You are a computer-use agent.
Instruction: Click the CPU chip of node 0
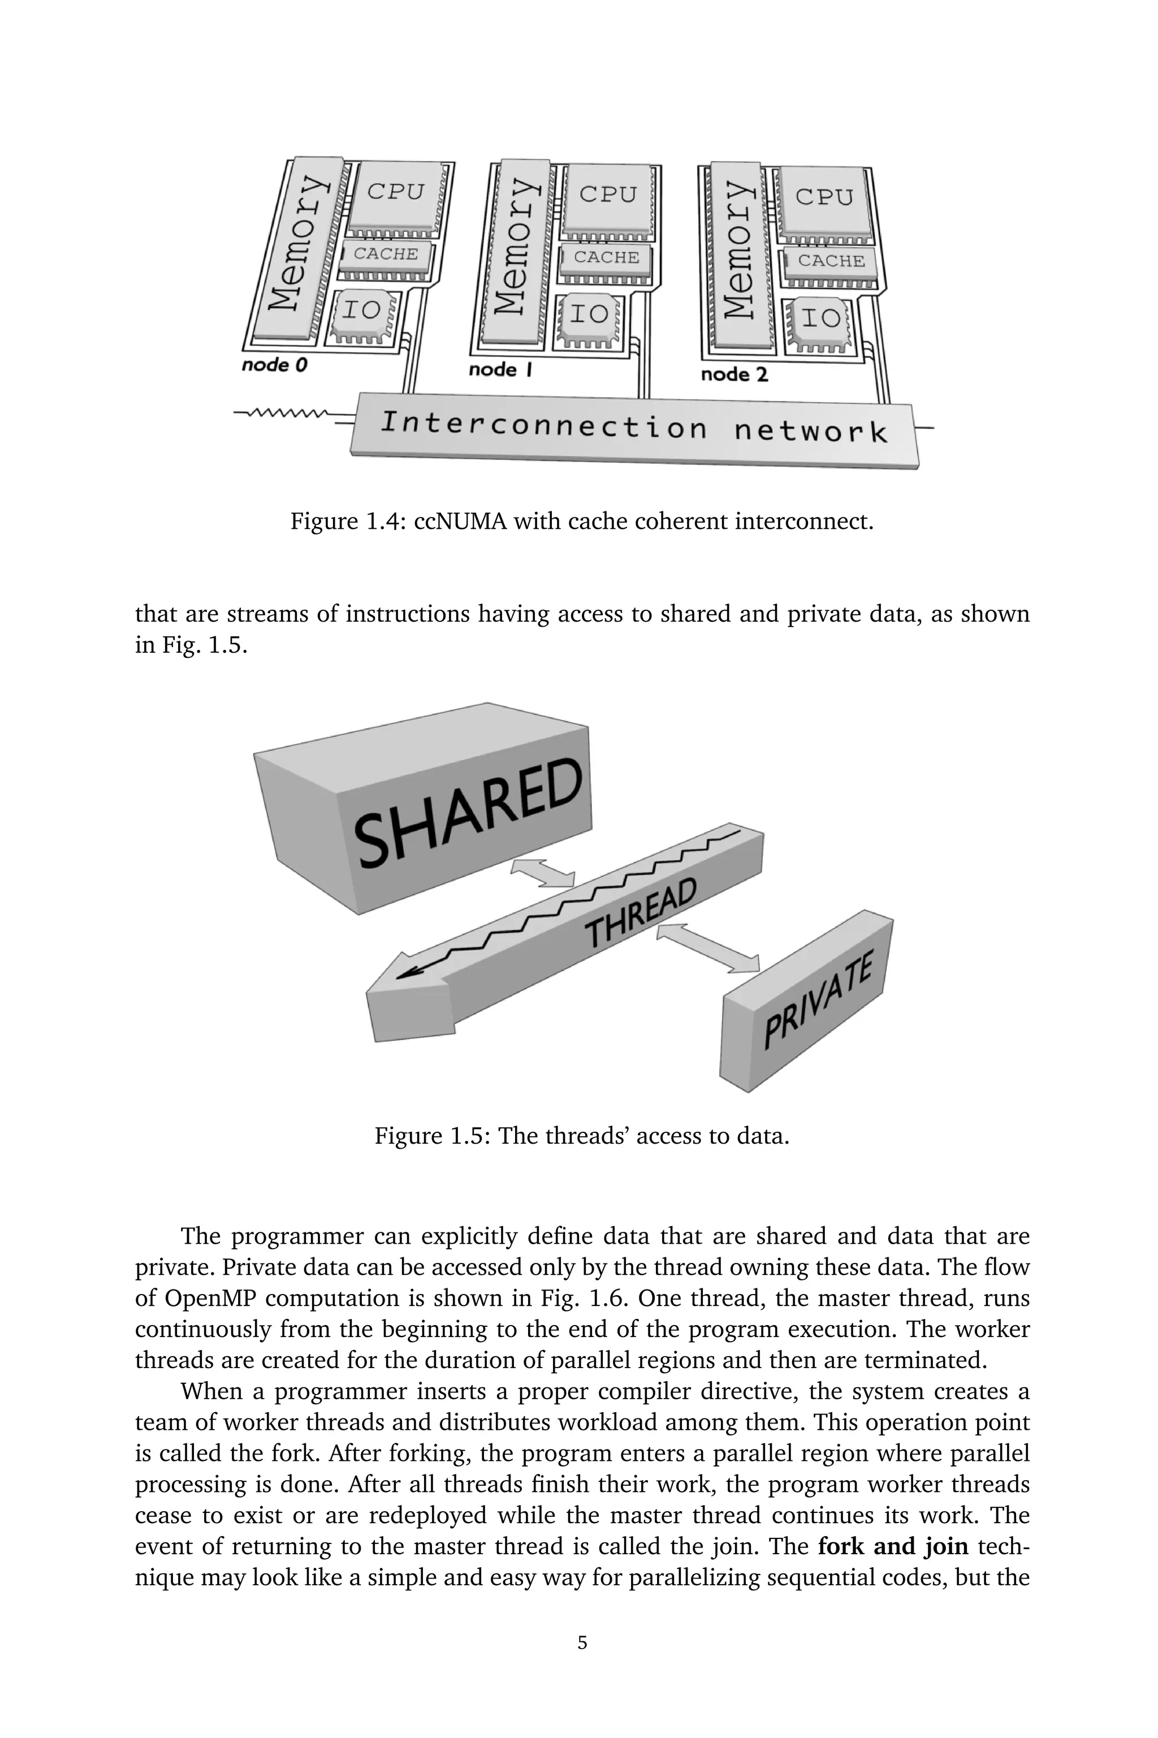[396, 193]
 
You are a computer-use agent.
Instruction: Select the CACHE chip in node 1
[606, 258]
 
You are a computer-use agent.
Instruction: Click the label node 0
[274, 365]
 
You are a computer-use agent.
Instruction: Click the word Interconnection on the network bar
[543, 425]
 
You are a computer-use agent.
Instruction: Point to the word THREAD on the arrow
[640, 914]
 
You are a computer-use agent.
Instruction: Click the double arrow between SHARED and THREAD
[543, 872]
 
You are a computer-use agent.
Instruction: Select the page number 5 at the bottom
[582, 1643]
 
